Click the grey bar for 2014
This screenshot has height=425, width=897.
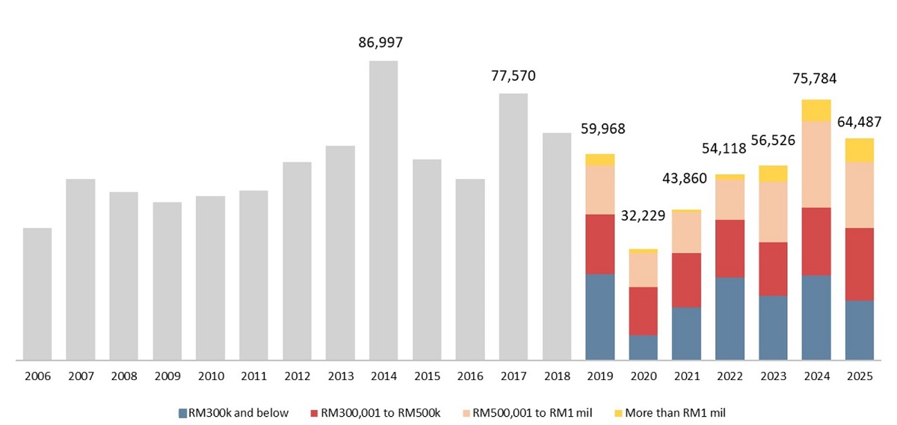pos(383,210)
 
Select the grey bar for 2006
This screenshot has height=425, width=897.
pos(37,294)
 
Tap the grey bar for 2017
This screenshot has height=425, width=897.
pos(514,227)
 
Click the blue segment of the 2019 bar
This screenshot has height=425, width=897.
pos(600,317)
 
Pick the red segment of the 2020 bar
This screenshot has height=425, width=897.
pos(643,311)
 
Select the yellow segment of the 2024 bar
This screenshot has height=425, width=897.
pos(816,110)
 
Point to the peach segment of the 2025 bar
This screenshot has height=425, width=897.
pos(860,195)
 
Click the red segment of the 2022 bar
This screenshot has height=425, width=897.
pos(730,248)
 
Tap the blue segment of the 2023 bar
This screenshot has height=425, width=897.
pos(773,328)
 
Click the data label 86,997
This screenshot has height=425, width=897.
pos(383,43)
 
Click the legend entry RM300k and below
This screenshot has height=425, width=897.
pos(233,412)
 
